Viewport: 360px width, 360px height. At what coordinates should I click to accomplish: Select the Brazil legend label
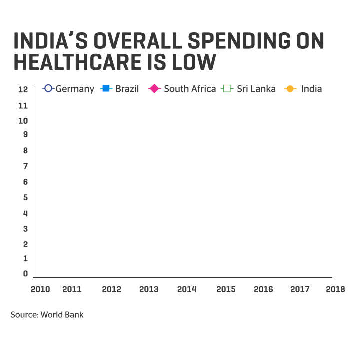(x=127, y=89)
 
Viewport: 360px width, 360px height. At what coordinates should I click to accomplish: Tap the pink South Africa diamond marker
(x=155, y=89)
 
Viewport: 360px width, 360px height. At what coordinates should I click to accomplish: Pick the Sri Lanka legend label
(x=256, y=89)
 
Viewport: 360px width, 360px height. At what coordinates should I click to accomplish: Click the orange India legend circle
(x=289, y=89)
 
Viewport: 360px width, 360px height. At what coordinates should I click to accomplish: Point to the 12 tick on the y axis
(x=23, y=89)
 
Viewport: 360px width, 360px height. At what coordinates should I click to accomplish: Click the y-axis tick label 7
(x=25, y=166)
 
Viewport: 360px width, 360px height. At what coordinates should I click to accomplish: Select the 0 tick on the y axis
(x=25, y=273)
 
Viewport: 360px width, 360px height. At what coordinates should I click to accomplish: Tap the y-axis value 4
(x=25, y=213)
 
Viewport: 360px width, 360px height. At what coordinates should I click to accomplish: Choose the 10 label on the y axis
(x=23, y=121)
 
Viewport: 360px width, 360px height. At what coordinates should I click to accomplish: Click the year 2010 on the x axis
(x=40, y=289)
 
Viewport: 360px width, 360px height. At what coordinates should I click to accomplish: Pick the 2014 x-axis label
(x=187, y=289)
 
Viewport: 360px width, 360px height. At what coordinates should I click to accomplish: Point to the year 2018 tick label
(x=335, y=289)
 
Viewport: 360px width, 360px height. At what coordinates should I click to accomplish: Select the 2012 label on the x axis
(x=111, y=289)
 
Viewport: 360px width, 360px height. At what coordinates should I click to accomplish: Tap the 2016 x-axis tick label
(x=263, y=289)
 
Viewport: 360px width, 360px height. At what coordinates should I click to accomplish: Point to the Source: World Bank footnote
(x=47, y=315)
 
